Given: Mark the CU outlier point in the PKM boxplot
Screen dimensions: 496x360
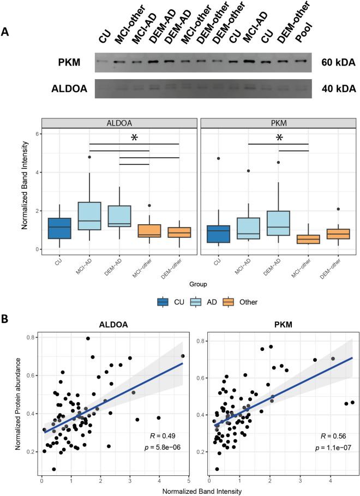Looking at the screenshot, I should [220, 158].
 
